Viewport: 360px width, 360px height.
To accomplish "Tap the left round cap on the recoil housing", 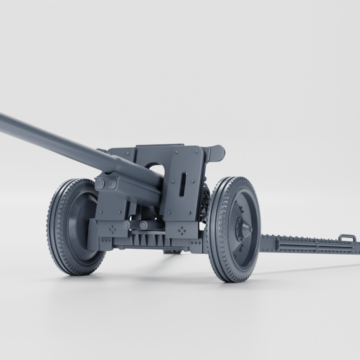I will point(100,184).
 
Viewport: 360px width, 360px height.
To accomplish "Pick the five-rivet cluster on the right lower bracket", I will point(182,230).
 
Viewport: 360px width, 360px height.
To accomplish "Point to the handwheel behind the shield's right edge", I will point(205,200).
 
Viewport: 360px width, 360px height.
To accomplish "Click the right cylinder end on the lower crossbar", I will point(143,225).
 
